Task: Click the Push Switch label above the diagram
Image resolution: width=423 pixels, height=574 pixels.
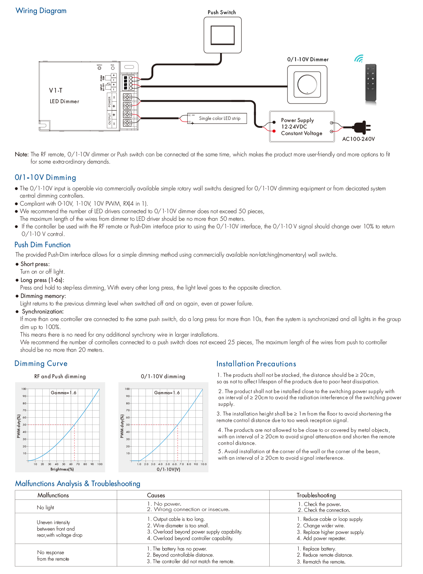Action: pos(222,12)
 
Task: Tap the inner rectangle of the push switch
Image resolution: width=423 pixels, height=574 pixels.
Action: pos(222,35)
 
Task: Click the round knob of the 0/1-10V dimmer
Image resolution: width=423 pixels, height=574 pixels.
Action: pos(307,85)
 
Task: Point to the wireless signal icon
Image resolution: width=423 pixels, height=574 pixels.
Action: pos(359,59)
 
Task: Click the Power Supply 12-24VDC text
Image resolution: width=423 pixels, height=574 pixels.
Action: pos(298,123)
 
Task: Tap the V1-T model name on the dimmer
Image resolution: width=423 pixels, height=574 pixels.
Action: pos(56,90)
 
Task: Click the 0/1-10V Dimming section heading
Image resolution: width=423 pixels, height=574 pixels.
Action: pos(45,178)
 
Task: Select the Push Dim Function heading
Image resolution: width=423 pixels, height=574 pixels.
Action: pos(42,245)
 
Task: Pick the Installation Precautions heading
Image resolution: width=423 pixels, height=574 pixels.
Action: pos(256,364)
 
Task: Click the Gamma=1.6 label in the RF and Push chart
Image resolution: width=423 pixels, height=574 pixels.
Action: pos(63,393)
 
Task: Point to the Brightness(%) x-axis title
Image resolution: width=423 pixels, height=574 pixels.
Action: pos(62,469)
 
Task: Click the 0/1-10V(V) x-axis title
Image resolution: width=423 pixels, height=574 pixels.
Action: pos(168,469)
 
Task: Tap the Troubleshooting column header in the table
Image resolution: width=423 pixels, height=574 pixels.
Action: pos(316,495)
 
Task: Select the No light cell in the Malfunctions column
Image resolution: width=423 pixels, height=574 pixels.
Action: pos(45,507)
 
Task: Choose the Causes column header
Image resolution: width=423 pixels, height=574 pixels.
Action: pos(156,495)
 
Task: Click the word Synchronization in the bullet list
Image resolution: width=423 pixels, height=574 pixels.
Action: pos(42,312)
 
